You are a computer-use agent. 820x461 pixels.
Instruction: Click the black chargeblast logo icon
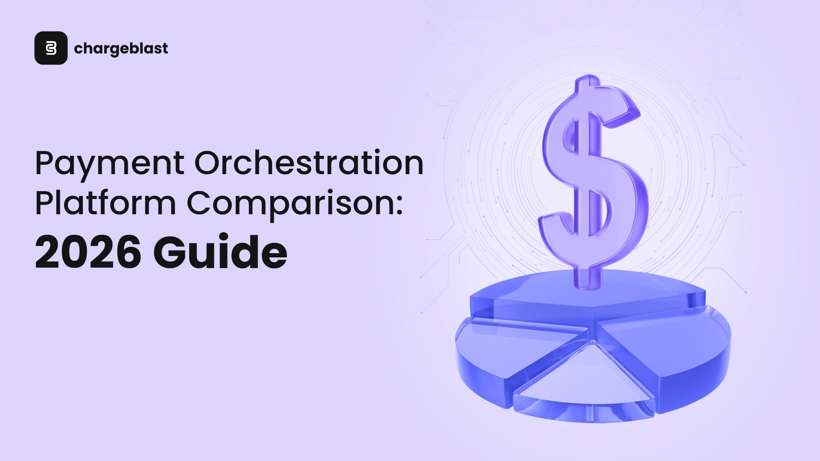tap(51, 48)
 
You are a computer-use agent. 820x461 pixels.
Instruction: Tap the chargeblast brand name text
tap(121, 49)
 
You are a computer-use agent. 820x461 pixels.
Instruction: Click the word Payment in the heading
tap(109, 163)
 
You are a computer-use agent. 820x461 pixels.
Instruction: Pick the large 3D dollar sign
tap(594, 179)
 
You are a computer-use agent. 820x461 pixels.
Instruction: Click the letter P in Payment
tap(46, 163)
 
